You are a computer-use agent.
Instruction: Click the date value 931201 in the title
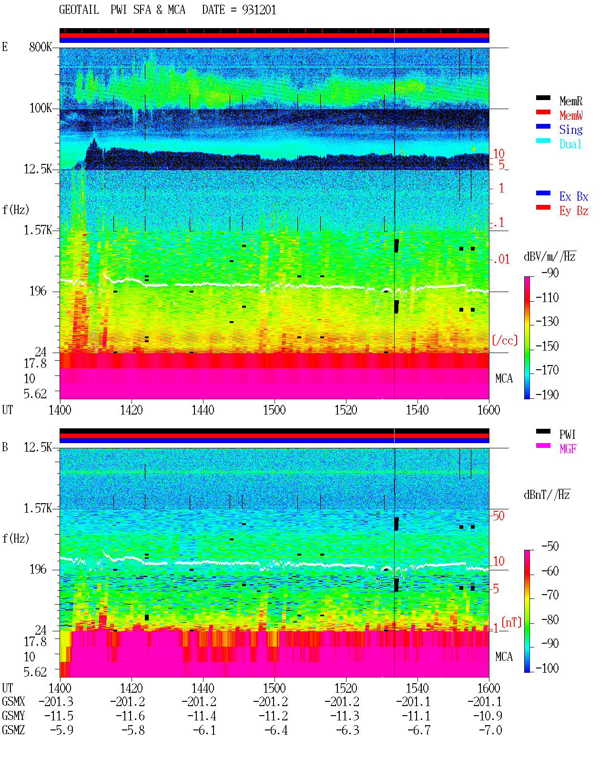point(259,10)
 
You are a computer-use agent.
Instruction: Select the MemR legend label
point(570,101)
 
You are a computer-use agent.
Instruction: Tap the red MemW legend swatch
point(543,112)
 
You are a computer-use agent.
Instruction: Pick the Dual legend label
point(570,144)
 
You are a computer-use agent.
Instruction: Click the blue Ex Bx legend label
point(573,196)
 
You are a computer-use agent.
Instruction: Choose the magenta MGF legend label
point(568,449)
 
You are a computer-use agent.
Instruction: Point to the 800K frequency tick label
point(41,47)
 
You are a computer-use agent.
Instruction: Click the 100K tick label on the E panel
point(41,108)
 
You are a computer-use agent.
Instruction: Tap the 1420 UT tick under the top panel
point(131,410)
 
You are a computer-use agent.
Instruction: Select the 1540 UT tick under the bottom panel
point(417,688)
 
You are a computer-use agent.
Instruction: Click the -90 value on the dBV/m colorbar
point(550,273)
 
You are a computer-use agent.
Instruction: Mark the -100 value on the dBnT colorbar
point(547,668)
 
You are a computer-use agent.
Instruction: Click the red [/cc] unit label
point(505,340)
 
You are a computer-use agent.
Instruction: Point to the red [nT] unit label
point(511,622)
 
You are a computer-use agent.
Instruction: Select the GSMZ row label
point(13,730)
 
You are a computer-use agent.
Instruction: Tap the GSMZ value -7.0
point(490,730)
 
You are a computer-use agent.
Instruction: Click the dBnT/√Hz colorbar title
point(547,494)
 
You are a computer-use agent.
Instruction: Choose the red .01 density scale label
point(501,260)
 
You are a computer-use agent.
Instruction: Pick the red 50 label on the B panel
point(498,516)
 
